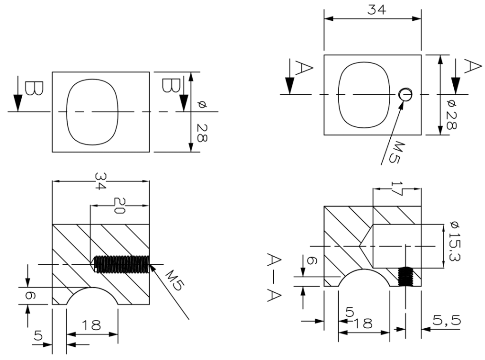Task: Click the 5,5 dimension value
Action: point(446,320)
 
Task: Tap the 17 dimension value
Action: point(396,189)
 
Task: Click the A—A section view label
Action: point(274,277)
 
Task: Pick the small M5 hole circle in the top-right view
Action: point(405,94)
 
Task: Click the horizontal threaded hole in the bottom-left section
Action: point(121,264)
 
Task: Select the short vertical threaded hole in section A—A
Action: point(405,277)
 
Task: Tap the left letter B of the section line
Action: point(34,89)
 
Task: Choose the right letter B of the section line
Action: point(171,85)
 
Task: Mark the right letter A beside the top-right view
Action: point(473,66)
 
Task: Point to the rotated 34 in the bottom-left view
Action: point(101,181)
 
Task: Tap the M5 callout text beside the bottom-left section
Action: point(173,280)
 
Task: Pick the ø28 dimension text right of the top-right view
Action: point(451,115)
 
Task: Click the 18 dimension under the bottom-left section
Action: point(91,325)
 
